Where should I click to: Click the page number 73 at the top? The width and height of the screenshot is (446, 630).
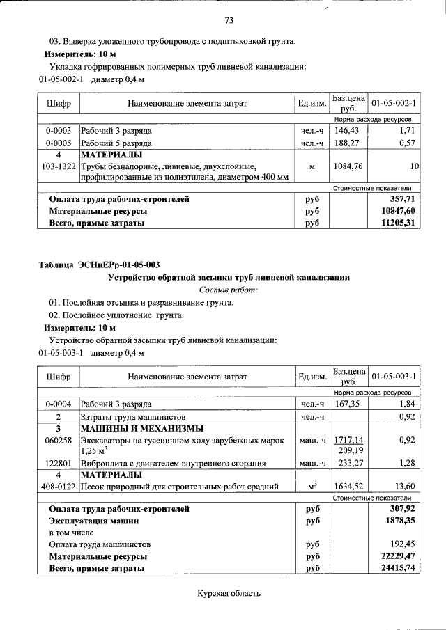[x=229, y=19]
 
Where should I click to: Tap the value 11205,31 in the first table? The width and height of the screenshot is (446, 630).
[x=394, y=223]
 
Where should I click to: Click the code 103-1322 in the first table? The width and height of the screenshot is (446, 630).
[x=59, y=166]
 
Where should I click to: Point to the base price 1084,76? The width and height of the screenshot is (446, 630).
[x=348, y=166]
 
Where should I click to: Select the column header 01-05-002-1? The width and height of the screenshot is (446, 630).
[x=394, y=104]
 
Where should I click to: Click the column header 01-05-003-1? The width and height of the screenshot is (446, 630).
[x=394, y=377]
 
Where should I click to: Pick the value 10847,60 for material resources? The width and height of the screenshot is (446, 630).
[x=394, y=211]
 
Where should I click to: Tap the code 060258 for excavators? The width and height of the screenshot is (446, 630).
[x=59, y=441]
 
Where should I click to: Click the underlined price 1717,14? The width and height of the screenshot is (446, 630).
[x=349, y=441]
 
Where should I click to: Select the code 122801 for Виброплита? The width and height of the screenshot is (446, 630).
[x=59, y=463]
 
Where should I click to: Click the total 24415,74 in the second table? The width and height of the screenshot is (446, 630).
[x=394, y=568]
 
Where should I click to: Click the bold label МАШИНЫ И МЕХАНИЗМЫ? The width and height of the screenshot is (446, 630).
[x=141, y=428]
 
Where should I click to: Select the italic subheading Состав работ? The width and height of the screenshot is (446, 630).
[x=228, y=290]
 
